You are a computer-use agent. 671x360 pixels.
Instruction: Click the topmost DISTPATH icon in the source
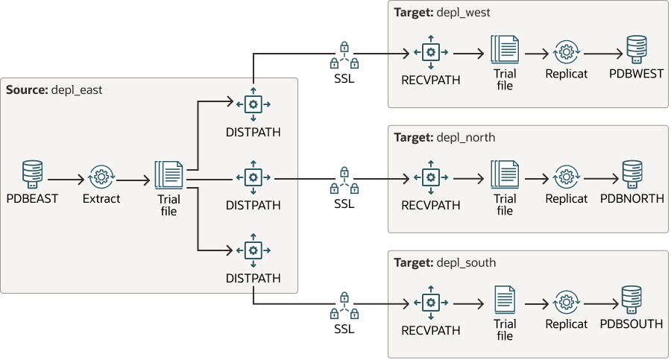click(253, 104)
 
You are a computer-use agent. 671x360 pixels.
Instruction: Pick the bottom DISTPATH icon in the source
click(253, 250)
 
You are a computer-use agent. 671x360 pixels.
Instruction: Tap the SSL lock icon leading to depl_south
click(344, 303)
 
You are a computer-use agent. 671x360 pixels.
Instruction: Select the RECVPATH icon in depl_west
click(430, 53)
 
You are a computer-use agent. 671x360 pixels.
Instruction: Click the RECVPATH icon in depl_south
click(430, 303)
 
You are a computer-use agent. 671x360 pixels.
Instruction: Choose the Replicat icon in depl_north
click(566, 177)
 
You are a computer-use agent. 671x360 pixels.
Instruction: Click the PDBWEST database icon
click(636, 50)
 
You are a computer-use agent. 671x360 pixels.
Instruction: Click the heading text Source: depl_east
click(54, 89)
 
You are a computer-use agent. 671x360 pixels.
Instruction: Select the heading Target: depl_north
click(444, 137)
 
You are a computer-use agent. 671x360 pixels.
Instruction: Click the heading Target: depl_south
click(444, 262)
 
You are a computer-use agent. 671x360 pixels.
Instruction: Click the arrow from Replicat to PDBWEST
click(602, 54)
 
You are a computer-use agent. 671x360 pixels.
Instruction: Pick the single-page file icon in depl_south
click(505, 301)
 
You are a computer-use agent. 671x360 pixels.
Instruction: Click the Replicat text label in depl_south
click(566, 324)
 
